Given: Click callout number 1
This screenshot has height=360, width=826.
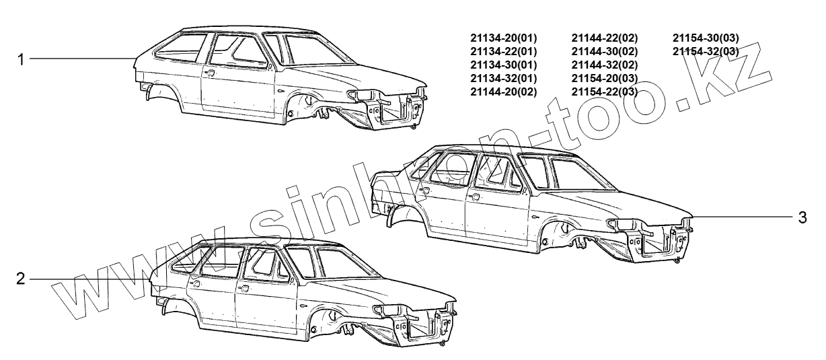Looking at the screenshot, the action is coord(21,59).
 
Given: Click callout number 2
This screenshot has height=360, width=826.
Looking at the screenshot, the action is coord(21,279).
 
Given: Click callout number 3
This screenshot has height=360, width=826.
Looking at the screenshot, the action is coord(802,217).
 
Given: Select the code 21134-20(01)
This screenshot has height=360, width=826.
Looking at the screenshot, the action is coord(503,38).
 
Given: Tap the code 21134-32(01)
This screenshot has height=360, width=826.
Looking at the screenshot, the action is coord(503,78).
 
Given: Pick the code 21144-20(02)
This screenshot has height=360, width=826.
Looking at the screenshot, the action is coord(503,92).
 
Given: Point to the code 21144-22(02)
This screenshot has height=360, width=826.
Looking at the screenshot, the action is coord(604,38).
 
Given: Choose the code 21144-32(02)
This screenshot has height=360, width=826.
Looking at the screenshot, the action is coord(604,65).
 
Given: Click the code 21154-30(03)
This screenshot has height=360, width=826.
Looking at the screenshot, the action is coord(706,38).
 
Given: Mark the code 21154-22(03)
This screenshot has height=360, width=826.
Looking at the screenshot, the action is coord(604,92).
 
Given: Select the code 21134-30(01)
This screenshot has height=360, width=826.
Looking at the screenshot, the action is coord(503,65).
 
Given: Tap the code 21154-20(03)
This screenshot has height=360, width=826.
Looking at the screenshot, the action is coord(604,78).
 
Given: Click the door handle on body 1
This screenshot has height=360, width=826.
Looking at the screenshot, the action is coord(211,73).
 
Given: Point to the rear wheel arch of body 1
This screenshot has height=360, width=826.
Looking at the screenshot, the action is coord(162,92).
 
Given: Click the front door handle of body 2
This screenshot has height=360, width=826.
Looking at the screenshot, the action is coord(244,288).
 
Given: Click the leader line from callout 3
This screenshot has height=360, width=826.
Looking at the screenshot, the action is coord(740,217).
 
